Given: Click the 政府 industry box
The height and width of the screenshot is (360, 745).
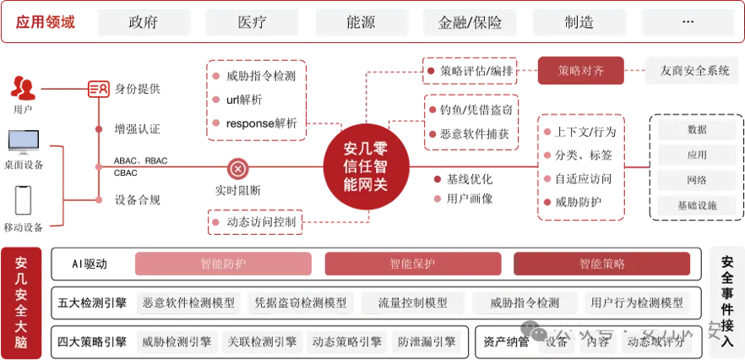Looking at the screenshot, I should pos(144,23).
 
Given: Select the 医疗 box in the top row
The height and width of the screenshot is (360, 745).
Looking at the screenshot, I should pos(253,23).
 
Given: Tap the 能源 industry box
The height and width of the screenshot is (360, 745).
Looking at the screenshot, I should pos(361,23).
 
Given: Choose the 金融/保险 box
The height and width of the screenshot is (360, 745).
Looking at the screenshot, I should pos(470,23).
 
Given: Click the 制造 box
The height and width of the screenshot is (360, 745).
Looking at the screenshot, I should pos(579,23).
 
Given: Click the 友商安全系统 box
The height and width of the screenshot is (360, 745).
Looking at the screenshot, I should pos(694,71).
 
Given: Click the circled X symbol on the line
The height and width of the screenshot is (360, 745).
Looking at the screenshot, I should pos(238,169).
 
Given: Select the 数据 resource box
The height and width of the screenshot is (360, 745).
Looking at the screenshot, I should pos(698,130).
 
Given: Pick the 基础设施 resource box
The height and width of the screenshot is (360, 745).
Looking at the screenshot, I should pos(698,205).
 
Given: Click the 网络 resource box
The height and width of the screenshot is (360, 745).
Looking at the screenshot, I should pos(698,180).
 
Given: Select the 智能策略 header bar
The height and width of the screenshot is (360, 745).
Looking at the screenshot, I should pos(602,264).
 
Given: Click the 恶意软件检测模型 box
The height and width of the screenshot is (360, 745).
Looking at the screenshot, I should pos(188,303).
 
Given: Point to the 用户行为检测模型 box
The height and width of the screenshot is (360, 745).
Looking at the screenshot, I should pos(637,303).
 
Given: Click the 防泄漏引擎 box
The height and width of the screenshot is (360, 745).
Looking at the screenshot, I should pos(427,341).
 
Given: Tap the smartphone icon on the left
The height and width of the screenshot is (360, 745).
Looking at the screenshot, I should pos(23,200).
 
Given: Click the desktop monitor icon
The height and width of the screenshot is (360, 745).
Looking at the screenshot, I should pos(23,141).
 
